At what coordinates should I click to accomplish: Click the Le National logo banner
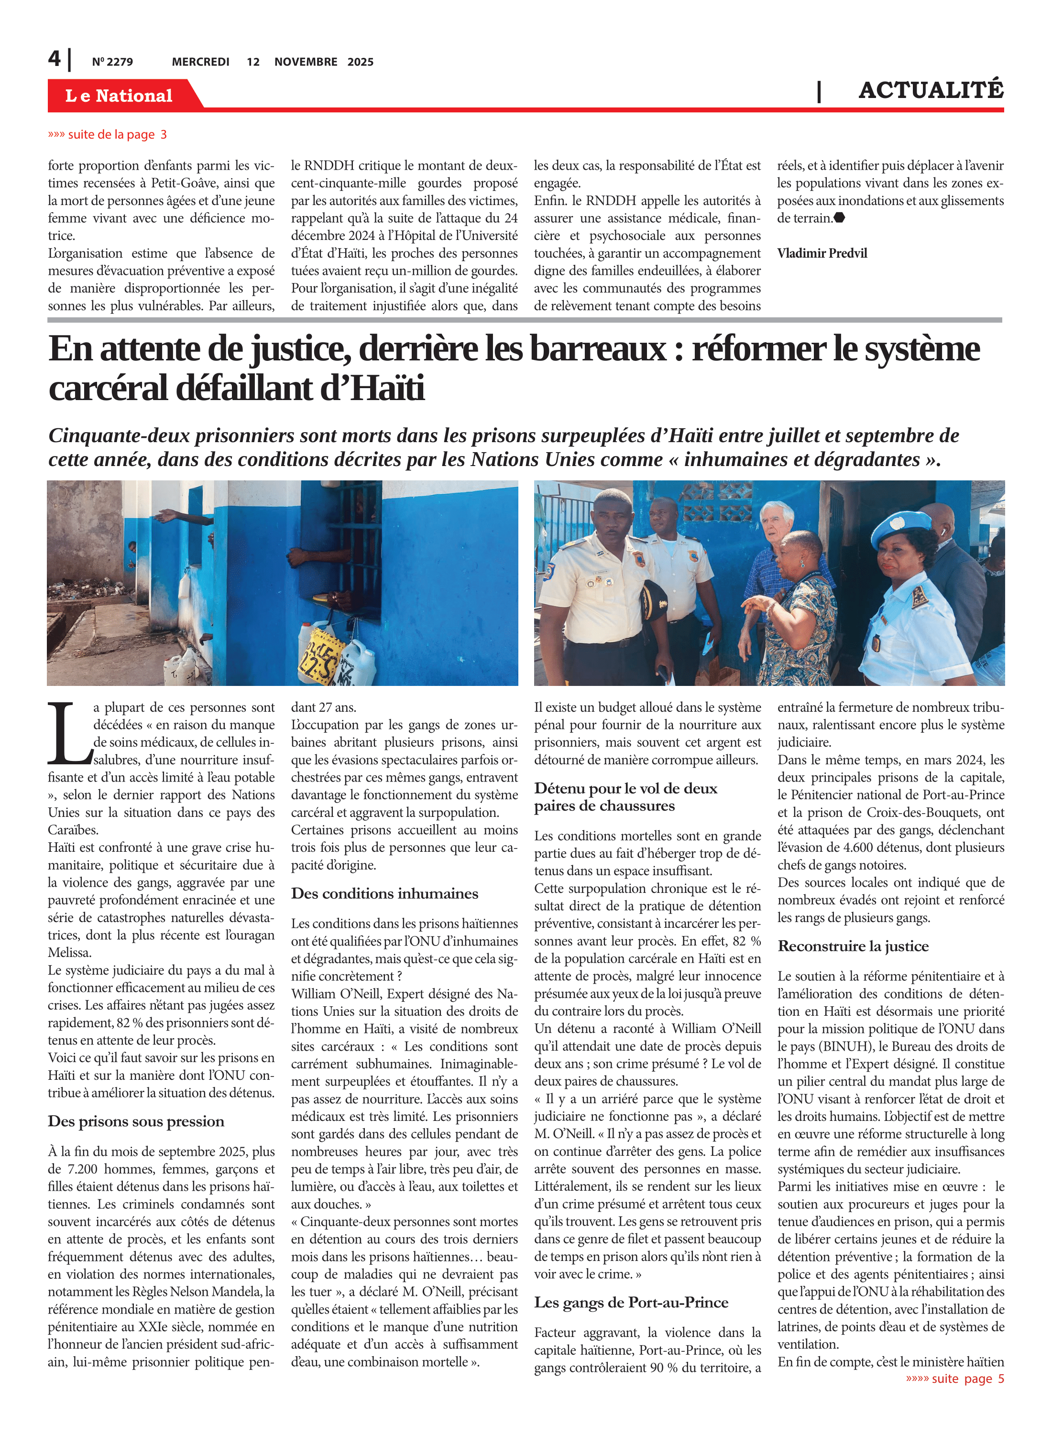click(x=119, y=96)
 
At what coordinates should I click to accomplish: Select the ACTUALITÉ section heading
click(x=931, y=90)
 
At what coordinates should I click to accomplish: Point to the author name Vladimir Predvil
click(x=822, y=253)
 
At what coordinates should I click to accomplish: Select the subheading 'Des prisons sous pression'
click(x=136, y=1121)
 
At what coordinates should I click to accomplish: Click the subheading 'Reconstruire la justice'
click(x=853, y=946)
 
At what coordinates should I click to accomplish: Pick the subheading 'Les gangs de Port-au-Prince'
click(x=630, y=1302)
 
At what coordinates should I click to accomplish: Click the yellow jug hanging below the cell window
click(x=318, y=653)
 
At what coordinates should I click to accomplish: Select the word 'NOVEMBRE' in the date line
click(x=306, y=62)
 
